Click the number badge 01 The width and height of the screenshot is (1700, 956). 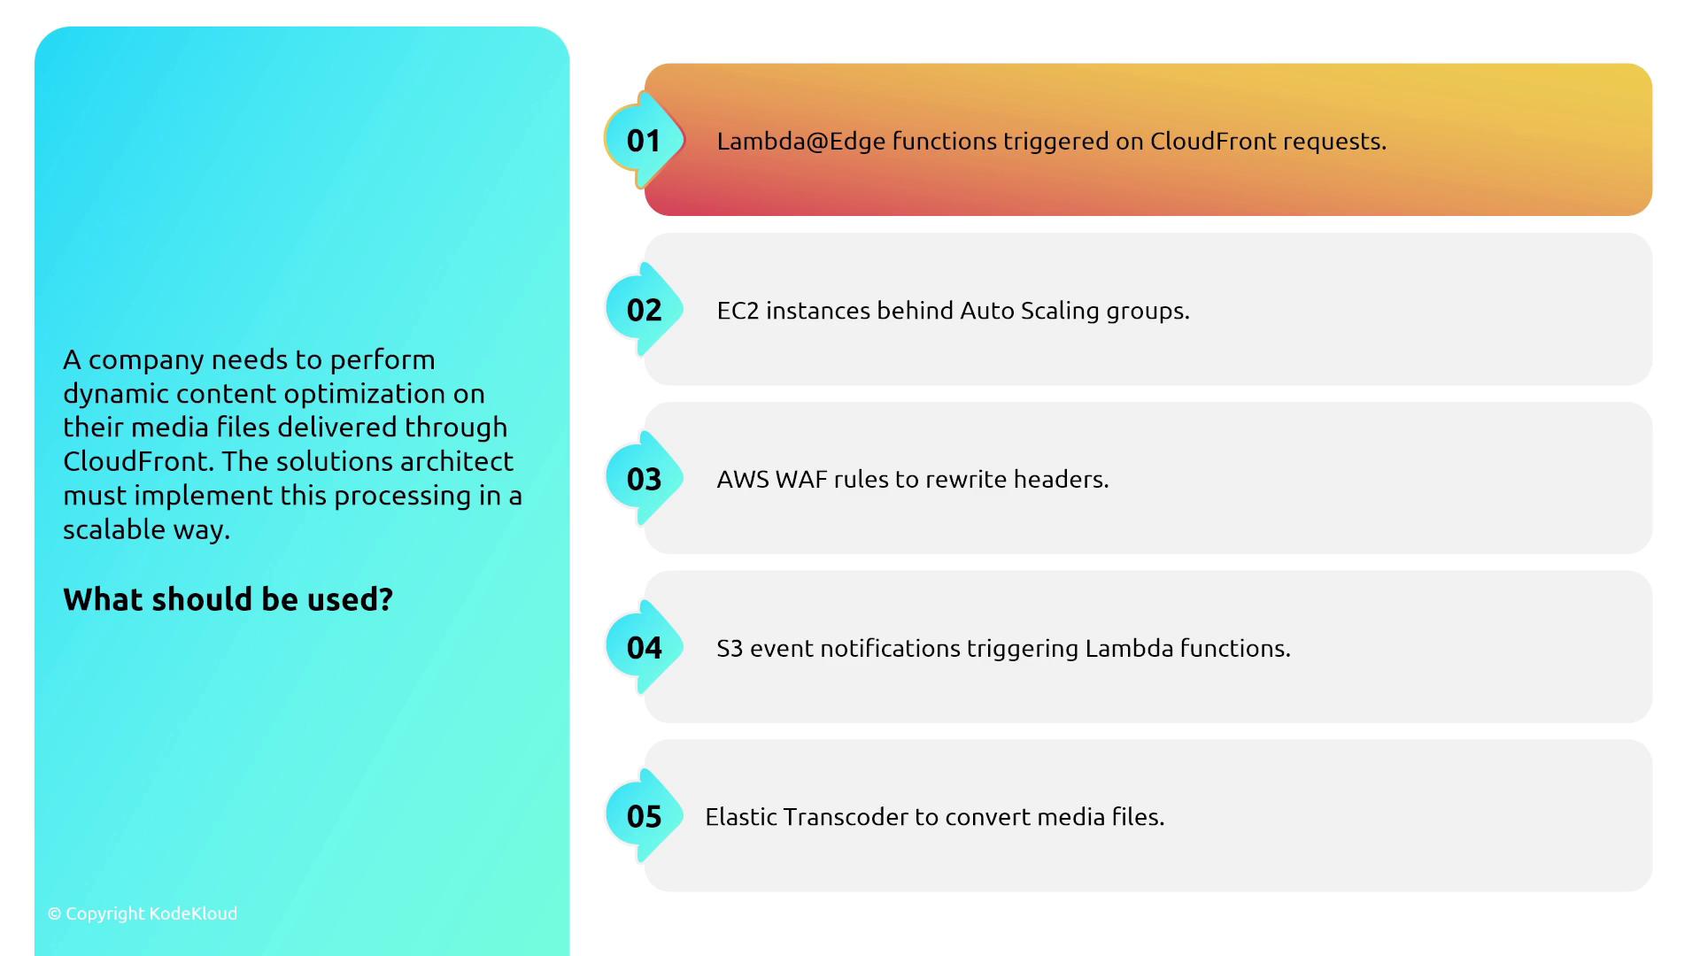pyautogui.click(x=644, y=140)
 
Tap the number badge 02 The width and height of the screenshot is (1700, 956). pyautogui.click(x=644, y=310)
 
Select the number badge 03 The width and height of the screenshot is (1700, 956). pyautogui.click(x=644, y=479)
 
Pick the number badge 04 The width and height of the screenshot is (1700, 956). pyautogui.click(x=644, y=648)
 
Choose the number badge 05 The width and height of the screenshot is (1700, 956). pyautogui.click(x=644, y=816)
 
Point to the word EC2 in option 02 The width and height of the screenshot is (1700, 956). pyautogui.click(x=738, y=311)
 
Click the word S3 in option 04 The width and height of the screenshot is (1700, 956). pyautogui.click(x=730, y=648)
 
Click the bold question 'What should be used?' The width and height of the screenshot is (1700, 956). pyautogui.click(x=228, y=599)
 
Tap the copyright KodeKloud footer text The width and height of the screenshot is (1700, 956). pyautogui.click(x=143, y=914)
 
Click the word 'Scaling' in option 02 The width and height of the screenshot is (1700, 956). pyautogui.click(x=1060, y=312)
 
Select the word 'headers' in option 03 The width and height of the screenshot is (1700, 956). pyautogui.click(x=1061, y=479)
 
